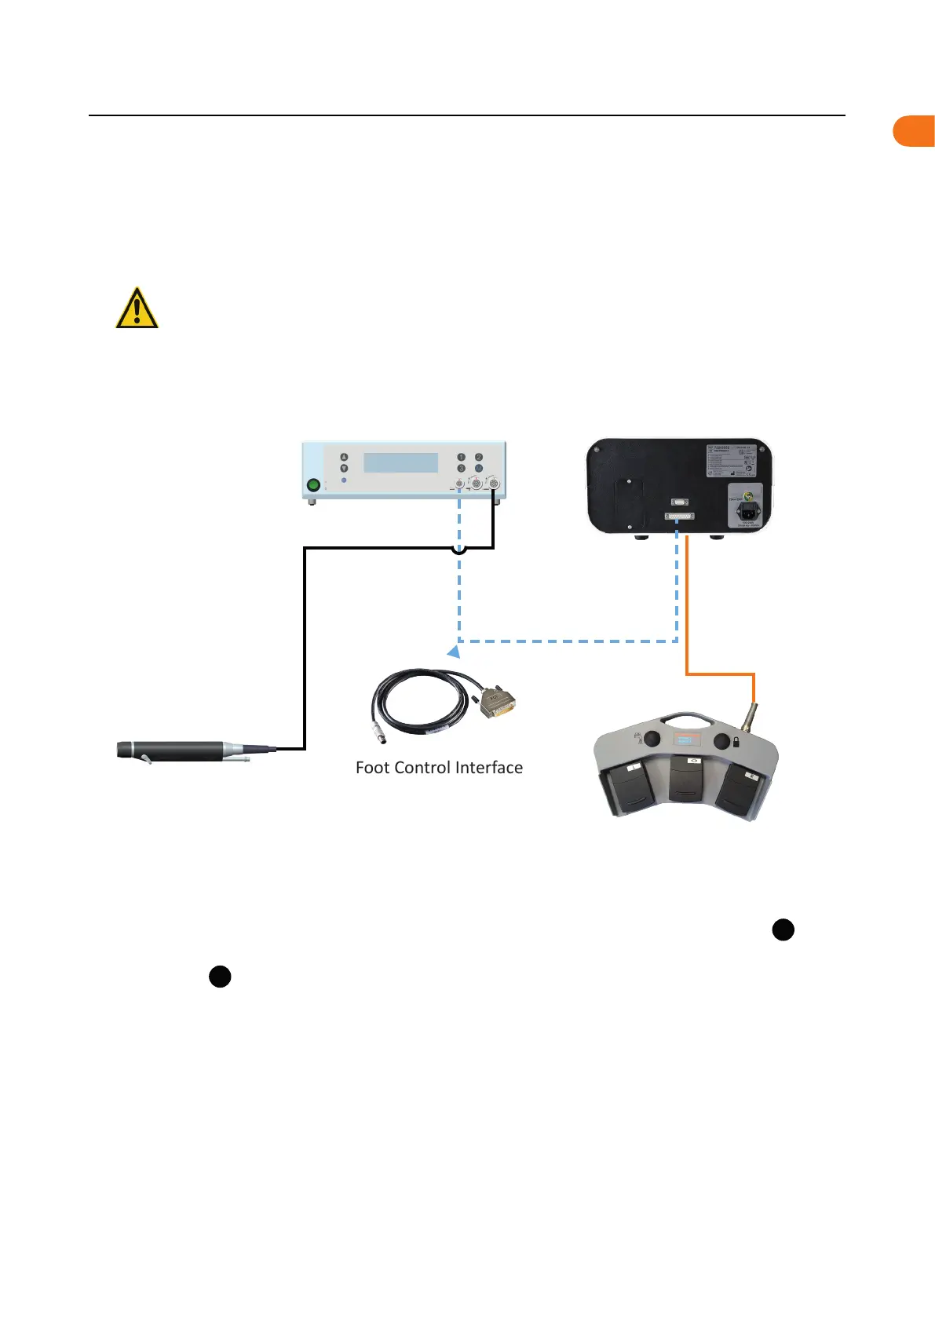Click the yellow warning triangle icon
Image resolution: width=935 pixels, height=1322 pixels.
(x=137, y=308)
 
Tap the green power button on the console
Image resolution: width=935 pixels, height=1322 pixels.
(x=313, y=485)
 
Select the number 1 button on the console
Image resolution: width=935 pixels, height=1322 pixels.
(x=462, y=457)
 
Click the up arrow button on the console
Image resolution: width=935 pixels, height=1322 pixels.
(x=344, y=457)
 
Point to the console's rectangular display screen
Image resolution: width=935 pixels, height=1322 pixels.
(x=400, y=462)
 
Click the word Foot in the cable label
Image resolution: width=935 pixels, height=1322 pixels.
(x=371, y=768)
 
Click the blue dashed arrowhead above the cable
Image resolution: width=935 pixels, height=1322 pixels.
(x=453, y=652)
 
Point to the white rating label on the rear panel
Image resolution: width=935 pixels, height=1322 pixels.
(x=732, y=461)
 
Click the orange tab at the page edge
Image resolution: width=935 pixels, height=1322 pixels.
(x=915, y=131)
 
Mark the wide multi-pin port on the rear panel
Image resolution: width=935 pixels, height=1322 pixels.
(x=680, y=517)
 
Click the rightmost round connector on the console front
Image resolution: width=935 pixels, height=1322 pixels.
(x=493, y=484)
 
